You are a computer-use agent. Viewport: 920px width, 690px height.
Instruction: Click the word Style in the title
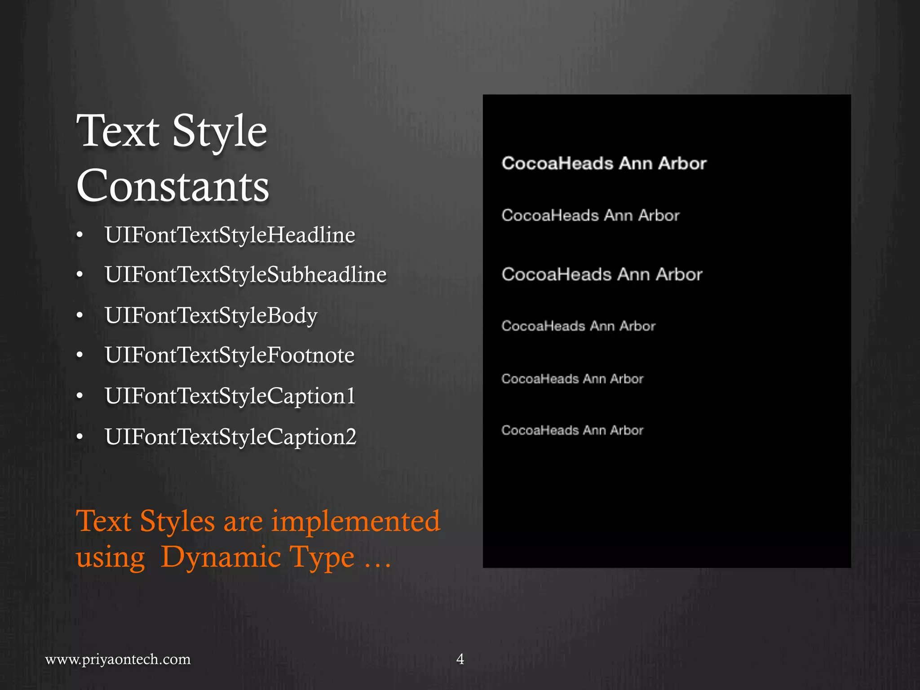[x=220, y=131]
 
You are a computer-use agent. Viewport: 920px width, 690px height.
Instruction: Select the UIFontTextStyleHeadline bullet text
[x=230, y=235]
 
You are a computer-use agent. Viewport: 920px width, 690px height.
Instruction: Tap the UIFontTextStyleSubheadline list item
[x=246, y=275]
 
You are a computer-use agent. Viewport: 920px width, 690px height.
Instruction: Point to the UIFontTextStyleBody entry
[x=211, y=315]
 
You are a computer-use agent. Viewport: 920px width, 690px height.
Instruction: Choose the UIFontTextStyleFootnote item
[x=230, y=355]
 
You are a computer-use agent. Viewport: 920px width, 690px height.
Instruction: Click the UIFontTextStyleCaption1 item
[x=230, y=396]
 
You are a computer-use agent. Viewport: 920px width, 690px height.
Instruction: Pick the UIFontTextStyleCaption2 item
[x=230, y=437]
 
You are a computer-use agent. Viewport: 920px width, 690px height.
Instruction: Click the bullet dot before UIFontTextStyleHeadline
[x=80, y=235]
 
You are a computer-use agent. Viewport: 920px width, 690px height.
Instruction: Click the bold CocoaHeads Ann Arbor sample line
[x=604, y=164]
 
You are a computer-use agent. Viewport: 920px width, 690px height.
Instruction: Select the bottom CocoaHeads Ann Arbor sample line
[x=572, y=430]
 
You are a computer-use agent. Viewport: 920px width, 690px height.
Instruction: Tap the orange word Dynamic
[x=221, y=557]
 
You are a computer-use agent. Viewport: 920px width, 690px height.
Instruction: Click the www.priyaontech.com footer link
[x=118, y=659]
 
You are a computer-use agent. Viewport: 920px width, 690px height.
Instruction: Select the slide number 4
[x=460, y=659]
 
